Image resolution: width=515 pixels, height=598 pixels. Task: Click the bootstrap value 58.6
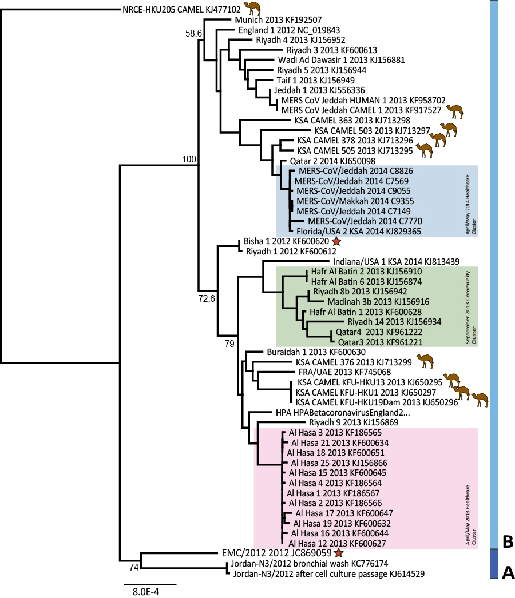tap(193, 34)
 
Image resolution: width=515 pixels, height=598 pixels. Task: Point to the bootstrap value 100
tap(189, 158)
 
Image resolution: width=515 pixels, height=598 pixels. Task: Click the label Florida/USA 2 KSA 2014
tap(359, 231)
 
